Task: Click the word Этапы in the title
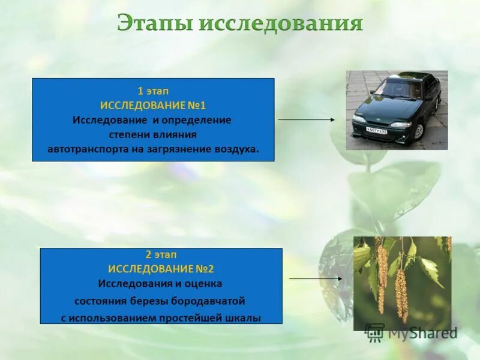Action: (x=154, y=24)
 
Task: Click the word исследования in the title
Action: (x=281, y=24)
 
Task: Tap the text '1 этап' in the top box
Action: (x=153, y=91)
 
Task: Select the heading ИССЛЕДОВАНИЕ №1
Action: (x=153, y=106)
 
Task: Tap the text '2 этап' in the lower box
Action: (x=161, y=254)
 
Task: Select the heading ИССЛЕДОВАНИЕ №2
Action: (x=161, y=268)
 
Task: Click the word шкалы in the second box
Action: (x=244, y=319)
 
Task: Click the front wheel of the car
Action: (x=418, y=130)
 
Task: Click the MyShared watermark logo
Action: (x=411, y=332)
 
